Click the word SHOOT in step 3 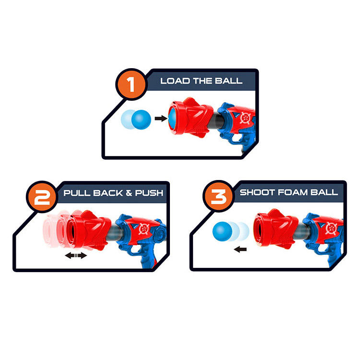(x=254, y=192)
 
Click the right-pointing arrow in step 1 (x=159, y=118)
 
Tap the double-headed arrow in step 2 (x=76, y=255)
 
